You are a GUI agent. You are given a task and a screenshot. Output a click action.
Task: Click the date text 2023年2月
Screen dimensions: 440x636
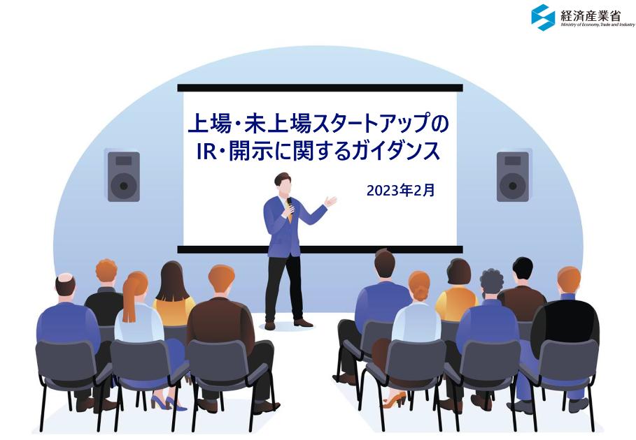pyautogui.click(x=400, y=190)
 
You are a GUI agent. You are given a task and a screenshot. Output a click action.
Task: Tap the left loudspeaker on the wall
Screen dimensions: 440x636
pyautogui.click(x=123, y=176)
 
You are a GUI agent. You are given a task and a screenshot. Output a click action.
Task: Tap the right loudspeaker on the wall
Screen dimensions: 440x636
pyautogui.click(x=513, y=176)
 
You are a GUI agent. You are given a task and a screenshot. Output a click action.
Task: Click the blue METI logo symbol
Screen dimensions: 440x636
pyautogui.click(x=543, y=17)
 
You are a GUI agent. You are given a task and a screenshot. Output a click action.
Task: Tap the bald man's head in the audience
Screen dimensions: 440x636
pyautogui.click(x=65, y=284)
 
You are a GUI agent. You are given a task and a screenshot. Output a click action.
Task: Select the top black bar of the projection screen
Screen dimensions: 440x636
pyautogui.click(x=320, y=88)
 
